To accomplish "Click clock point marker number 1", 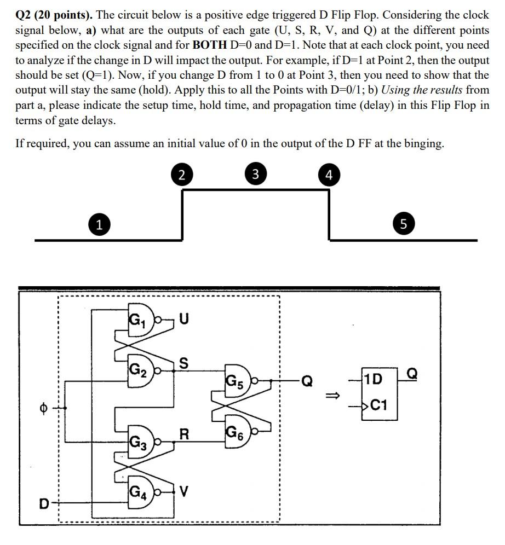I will (98, 224).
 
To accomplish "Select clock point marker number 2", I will (182, 175).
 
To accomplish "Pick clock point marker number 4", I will (328, 175).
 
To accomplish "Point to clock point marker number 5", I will (404, 224).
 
